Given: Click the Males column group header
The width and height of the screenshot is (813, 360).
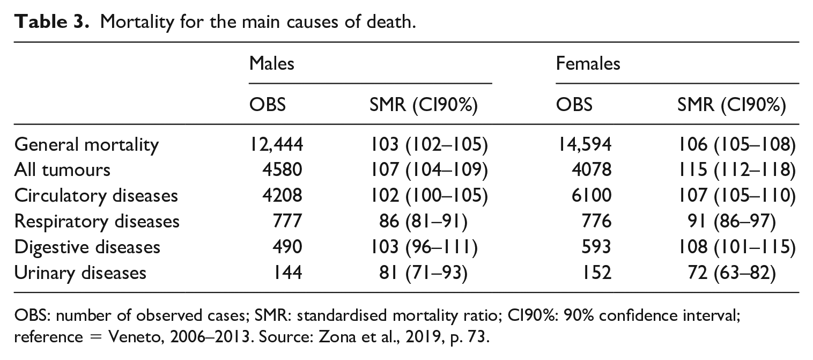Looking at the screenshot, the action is [271, 63].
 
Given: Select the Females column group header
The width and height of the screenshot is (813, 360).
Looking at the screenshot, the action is [588, 63].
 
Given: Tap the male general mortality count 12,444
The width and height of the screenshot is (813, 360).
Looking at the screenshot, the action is [276, 144].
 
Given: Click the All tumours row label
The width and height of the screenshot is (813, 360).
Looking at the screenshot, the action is [62, 170].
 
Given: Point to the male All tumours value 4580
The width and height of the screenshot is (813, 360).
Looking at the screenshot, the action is [283, 170].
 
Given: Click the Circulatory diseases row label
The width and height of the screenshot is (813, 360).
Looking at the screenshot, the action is [96, 196].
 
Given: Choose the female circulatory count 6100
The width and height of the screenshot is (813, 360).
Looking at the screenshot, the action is [592, 196].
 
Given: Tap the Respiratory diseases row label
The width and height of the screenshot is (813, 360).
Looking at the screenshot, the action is [97, 222].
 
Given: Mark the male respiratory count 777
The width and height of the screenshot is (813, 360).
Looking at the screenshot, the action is [287, 221].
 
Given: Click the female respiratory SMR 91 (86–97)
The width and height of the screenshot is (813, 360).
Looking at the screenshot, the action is [731, 222].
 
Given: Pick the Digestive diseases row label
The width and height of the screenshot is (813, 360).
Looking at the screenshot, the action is [87, 247].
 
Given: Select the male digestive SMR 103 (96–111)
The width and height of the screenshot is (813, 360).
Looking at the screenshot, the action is [424, 247].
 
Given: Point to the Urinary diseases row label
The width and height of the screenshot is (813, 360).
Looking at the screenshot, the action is [80, 273].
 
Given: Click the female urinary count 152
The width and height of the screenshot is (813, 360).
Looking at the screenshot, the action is [597, 273].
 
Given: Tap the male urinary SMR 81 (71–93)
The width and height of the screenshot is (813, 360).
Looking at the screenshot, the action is [423, 273].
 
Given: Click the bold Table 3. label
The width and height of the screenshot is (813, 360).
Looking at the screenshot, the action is [51, 22].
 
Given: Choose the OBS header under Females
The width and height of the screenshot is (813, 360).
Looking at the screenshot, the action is [574, 105].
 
